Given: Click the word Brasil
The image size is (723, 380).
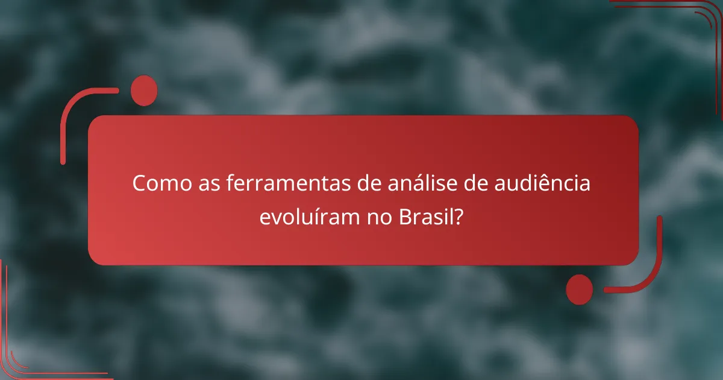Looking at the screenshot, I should (425, 217).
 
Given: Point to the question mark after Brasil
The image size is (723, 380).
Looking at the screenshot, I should (459, 217).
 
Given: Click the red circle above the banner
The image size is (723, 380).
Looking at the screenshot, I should (143, 91).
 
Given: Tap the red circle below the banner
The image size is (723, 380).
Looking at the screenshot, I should (580, 289).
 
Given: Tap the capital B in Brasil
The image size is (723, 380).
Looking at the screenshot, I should (405, 217).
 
